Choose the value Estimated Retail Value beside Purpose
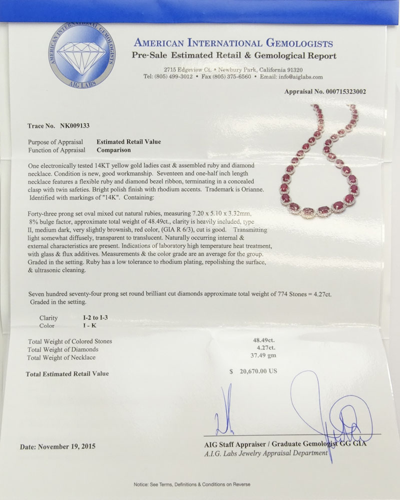[129, 142]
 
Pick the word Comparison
[114, 149]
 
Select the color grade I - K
[92, 325]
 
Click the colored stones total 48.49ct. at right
[264, 341]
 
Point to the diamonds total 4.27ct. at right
[265, 349]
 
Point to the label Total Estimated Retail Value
[68, 373]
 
